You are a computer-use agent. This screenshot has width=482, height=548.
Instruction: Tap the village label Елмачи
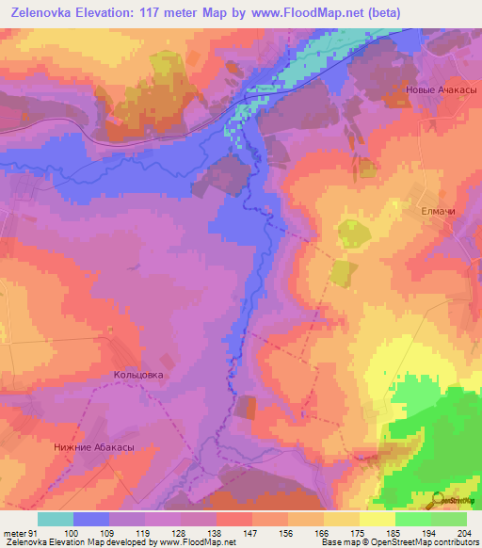click(x=438, y=212)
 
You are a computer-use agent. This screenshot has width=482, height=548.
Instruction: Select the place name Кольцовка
click(x=138, y=375)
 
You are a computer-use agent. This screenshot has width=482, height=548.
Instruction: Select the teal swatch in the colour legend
click(x=55, y=519)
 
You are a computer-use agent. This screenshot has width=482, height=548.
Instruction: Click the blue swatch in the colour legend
click(x=90, y=519)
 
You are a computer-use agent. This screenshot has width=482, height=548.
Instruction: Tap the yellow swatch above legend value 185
click(x=377, y=519)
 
